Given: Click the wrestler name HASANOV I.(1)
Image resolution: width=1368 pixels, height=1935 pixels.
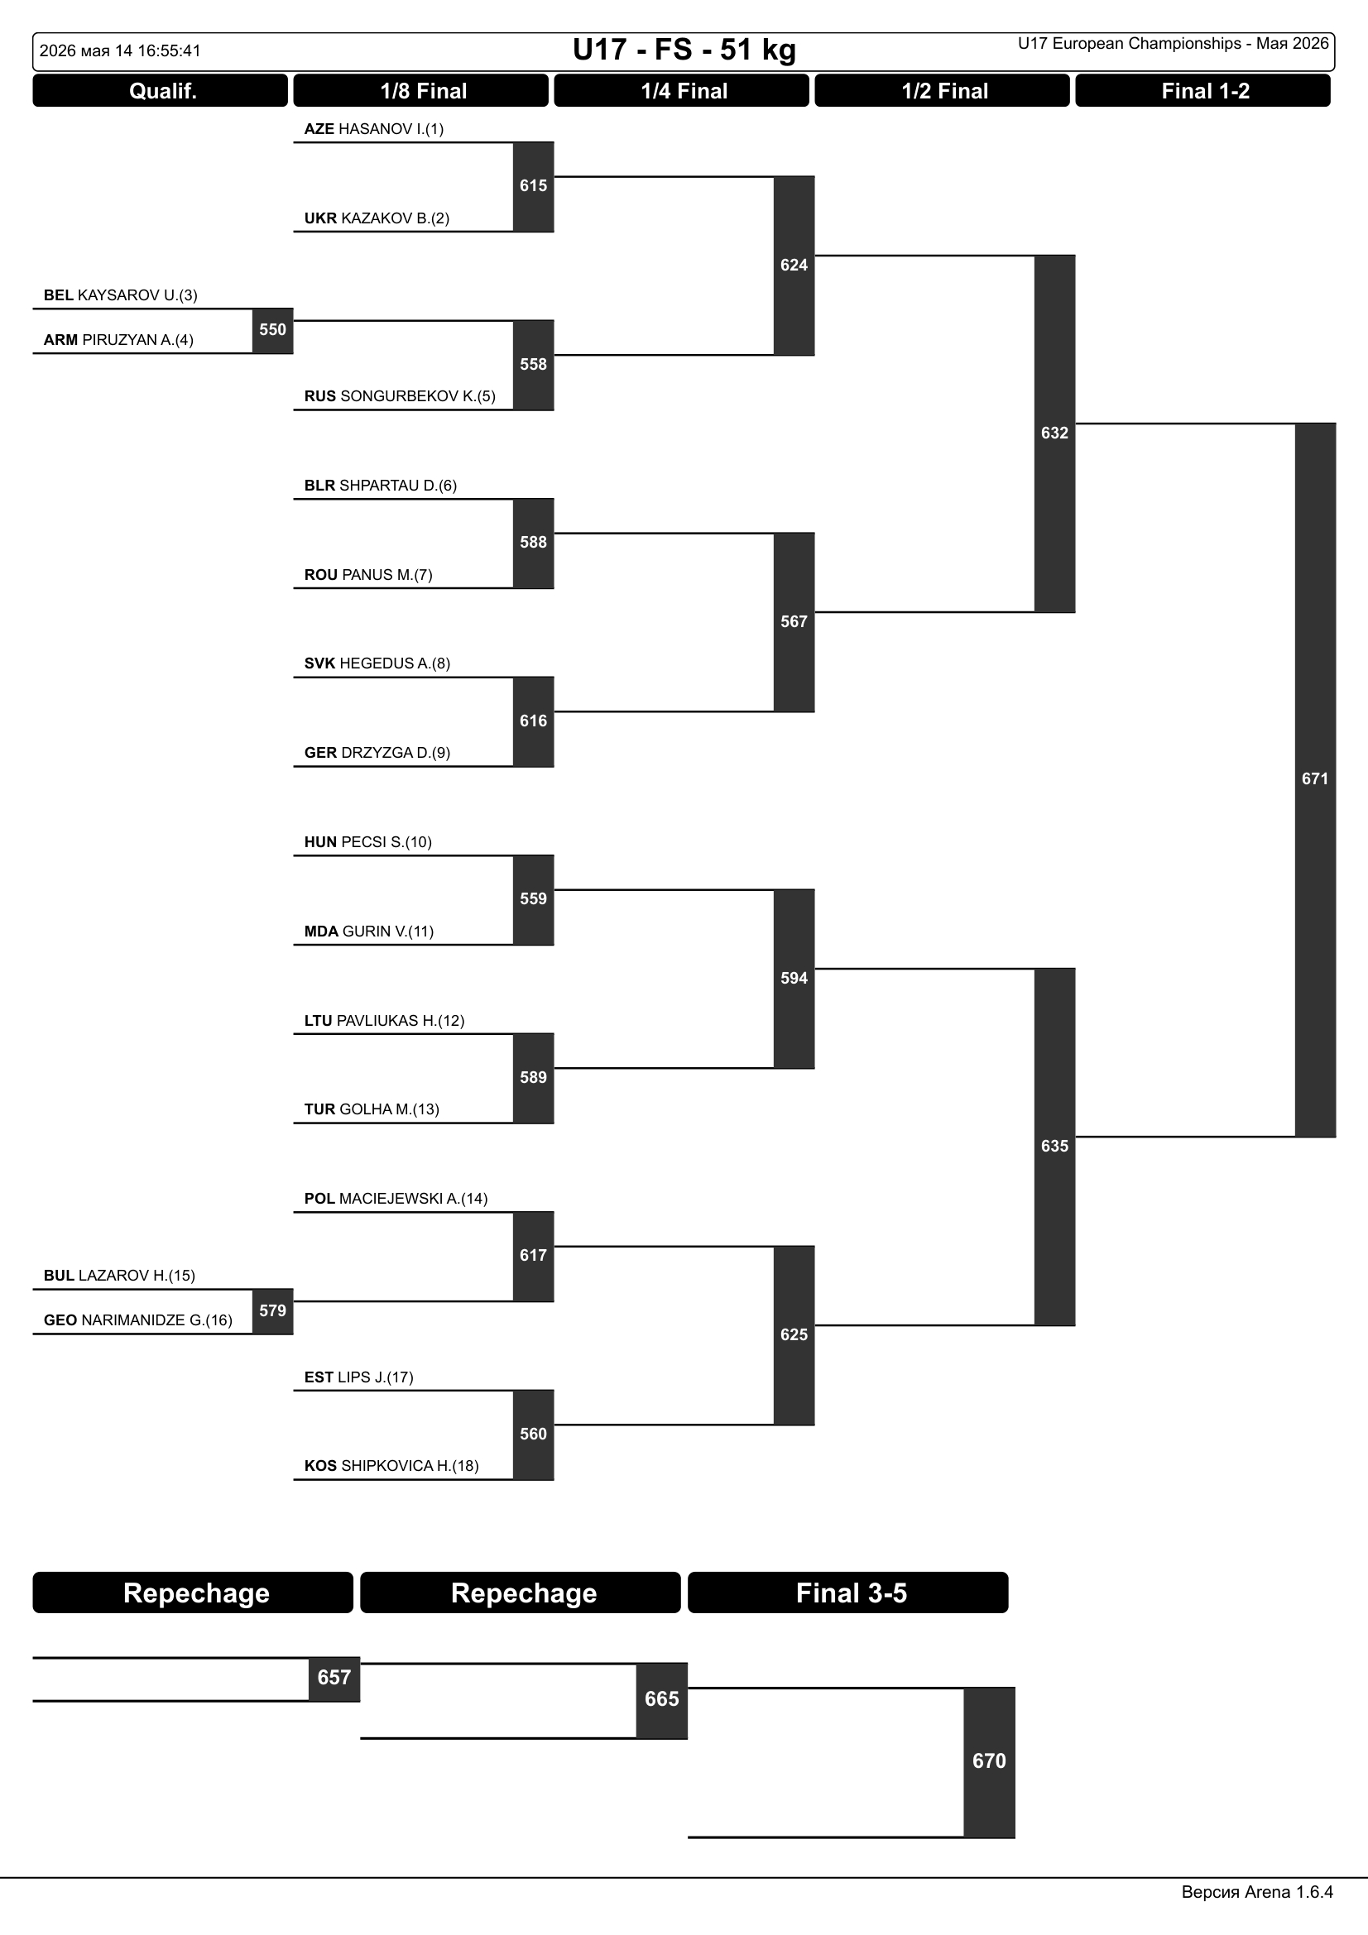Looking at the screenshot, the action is pos(391,129).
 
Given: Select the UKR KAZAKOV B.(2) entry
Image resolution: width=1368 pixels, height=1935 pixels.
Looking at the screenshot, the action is pos(377,218).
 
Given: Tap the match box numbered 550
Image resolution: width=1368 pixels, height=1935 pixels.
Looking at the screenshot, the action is pos(272,330).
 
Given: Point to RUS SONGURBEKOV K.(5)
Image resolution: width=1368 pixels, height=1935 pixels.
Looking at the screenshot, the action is pos(400,396).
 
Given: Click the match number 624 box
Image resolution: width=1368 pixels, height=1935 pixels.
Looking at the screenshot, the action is pos(794,266).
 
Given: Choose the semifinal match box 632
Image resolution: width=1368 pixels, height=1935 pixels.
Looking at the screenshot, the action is pos(1054,433).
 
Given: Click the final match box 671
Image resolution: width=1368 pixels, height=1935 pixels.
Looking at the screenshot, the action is pos(1315,779).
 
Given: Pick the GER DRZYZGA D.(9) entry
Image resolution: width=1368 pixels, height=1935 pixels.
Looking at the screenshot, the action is pos(377,753).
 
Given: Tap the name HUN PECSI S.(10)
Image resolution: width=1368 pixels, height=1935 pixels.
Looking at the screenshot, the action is pos(368,842).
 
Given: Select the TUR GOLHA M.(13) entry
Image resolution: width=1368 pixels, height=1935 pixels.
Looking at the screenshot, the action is pos(372,1109).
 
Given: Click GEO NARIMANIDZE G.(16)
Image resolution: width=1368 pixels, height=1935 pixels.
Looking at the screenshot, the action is pos(138,1320).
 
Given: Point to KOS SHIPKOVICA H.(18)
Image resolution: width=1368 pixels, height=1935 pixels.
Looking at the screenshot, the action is pos(392,1466).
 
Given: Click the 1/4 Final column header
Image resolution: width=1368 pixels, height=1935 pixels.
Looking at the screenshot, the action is pos(682,91).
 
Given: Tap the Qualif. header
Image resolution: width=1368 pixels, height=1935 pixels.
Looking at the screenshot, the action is pos(161,91).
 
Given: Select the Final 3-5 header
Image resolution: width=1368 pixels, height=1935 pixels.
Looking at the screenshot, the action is pos(848,1593).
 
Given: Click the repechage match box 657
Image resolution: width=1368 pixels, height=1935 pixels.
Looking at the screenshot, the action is pos(334,1678).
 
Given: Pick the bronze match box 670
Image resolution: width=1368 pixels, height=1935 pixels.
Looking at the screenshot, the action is pos(990,1761).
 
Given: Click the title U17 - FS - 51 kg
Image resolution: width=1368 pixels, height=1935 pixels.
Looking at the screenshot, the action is pos(684,50).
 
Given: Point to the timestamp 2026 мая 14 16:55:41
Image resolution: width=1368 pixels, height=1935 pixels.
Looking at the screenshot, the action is pos(121,50).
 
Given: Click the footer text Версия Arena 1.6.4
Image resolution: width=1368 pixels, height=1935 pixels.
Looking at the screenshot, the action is pos(1258,1892).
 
